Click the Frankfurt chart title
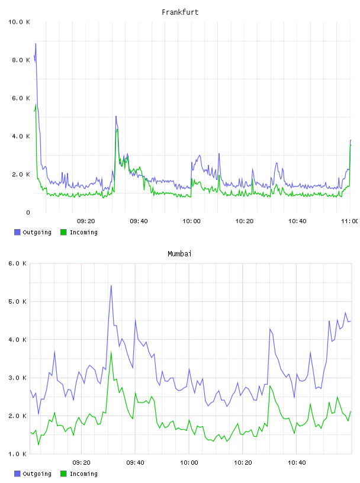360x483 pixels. (x=180, y=12)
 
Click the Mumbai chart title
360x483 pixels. (x=179, y=254)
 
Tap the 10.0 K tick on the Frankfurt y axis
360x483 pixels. (x=19, y=22)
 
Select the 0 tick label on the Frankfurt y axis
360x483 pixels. (x=28, y=212)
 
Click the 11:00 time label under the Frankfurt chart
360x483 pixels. (x=350, y=221)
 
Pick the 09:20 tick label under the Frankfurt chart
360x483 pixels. (x=86, y=221)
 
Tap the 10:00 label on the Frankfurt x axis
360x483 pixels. (x=191, y=221)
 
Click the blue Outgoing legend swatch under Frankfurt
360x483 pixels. (x=17, y=232)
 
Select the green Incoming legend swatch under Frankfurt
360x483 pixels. (x=63, y=232)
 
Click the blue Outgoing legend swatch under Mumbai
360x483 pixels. (x=17, y=474)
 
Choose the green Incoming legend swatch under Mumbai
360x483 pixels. (x=63, y=474)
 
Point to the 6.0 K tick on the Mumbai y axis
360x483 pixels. (x=18, y=263)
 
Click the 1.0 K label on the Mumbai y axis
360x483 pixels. (x=18, y=454)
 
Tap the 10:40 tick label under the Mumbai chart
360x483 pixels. (x=297, y=463)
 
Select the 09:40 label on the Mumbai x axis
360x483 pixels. (x=136, y=463)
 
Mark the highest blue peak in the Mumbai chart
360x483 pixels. (x=111, y=286)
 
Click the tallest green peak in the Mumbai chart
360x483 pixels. (x=111, y=352)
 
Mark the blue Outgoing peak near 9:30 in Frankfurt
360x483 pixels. (x=116, y=117)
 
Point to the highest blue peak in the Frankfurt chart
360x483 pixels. (x=36, y=44)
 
